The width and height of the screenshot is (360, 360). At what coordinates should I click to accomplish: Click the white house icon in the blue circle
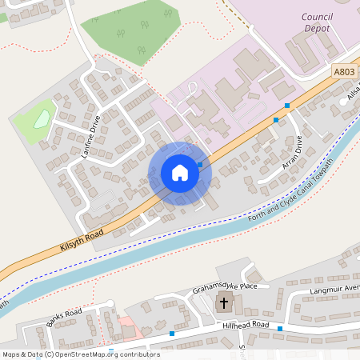tap(180, 173)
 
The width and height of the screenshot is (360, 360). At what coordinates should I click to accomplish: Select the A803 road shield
tap(344, 72)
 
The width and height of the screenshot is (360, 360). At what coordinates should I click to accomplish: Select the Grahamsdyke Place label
tap(225, 288)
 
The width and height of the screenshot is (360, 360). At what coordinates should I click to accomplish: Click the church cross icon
tap(225, 304)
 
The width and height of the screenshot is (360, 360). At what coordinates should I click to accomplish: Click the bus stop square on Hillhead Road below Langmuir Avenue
tap(280, 328)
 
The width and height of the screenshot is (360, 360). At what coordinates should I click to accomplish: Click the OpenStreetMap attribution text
tap(80, 354)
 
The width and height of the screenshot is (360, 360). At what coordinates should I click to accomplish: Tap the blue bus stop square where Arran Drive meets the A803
tap(276, 120)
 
